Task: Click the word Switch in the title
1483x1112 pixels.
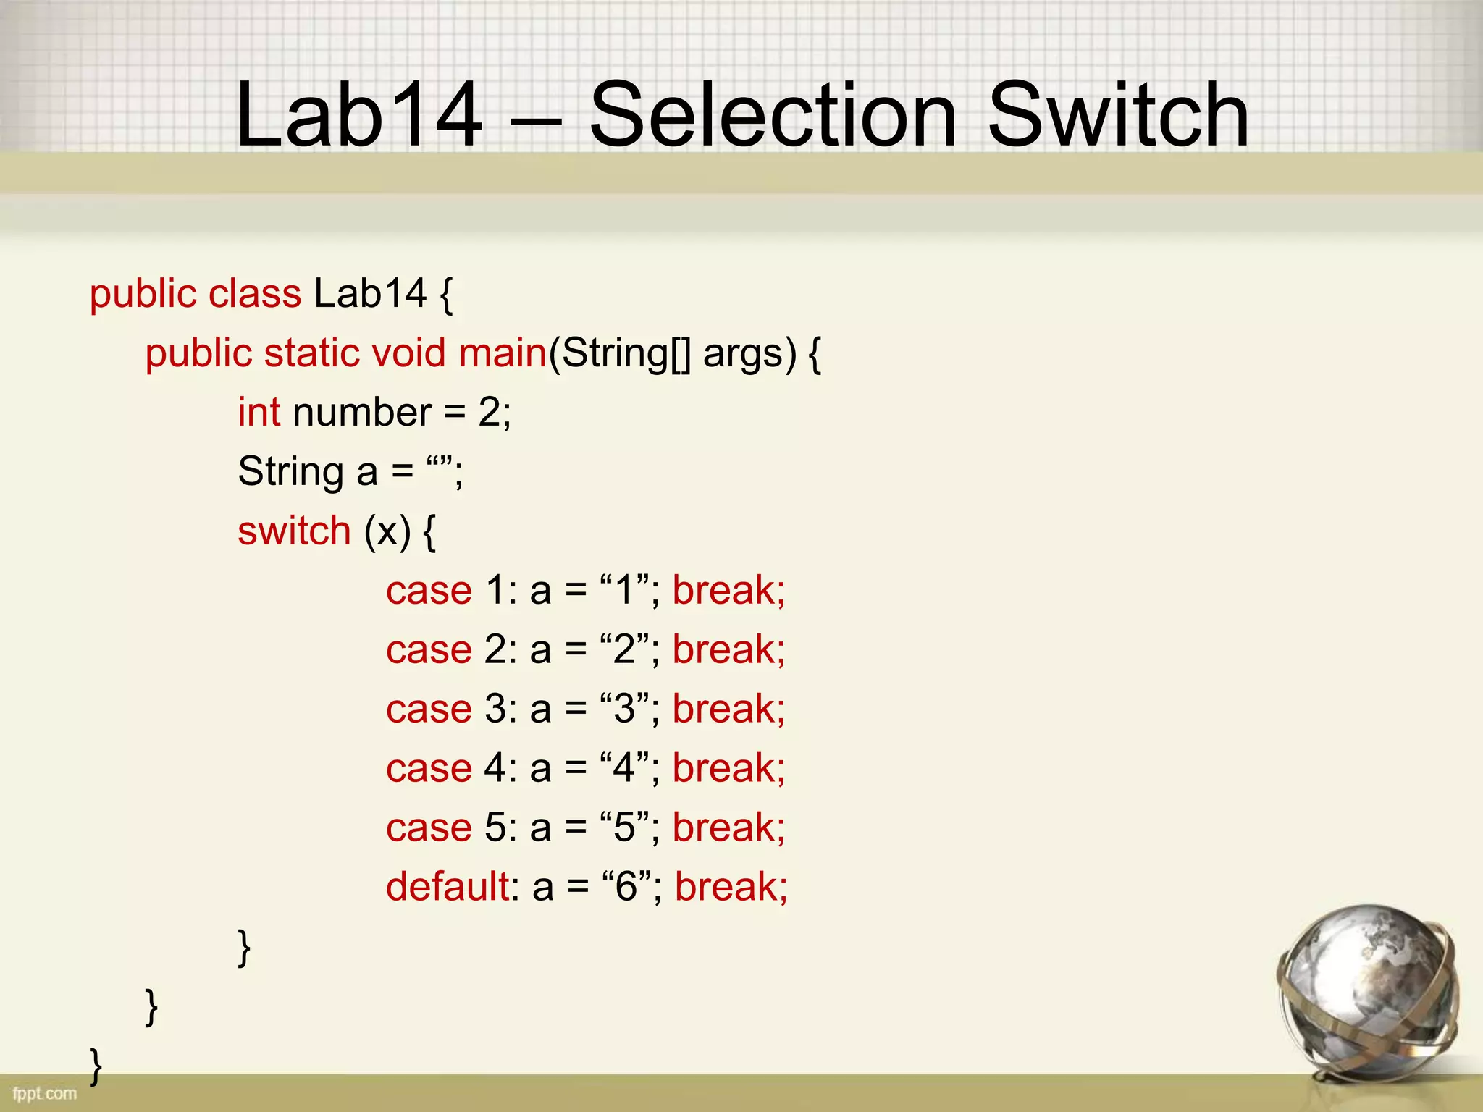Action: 1118,114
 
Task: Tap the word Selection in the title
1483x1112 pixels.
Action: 773,114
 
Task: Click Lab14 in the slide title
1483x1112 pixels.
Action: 359,114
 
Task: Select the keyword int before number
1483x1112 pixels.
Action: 259,413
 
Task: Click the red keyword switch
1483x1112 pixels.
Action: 294,531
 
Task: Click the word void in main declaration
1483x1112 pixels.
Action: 408,353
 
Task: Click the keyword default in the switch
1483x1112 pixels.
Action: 448,886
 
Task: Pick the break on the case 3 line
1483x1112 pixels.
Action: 728,708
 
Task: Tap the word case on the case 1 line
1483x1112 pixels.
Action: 429,591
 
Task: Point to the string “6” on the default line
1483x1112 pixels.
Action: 626,886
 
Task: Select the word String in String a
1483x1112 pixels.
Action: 290,472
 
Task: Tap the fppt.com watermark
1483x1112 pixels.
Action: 45,1093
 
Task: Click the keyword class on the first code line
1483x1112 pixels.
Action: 254,294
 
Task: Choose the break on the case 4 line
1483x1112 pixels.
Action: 728,767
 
